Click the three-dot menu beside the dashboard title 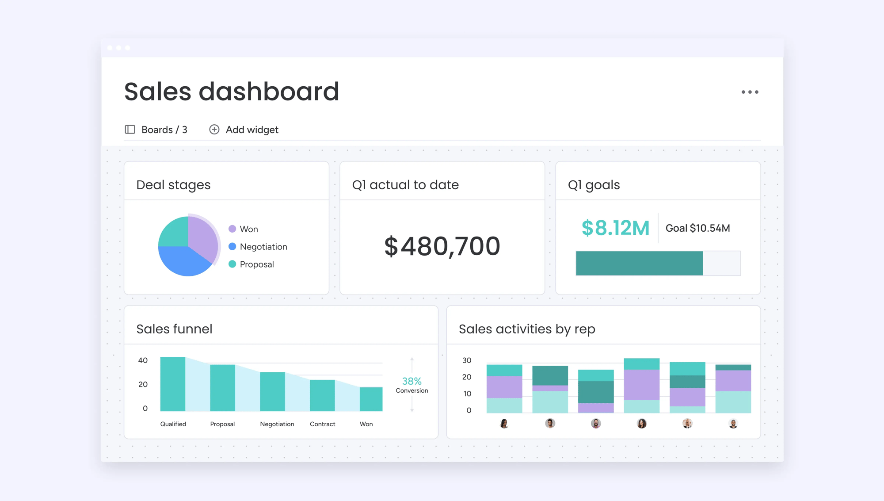pos(750,92)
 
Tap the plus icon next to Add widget pos(214,130)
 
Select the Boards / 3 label pos(164,130)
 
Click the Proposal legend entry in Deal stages pos(256,264)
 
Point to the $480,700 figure pos(442,246)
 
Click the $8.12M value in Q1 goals pos(615,228)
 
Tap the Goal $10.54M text pos(697,228)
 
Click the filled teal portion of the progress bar pos(639,263)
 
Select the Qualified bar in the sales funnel pos(172,384)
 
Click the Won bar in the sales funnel pos(371,399)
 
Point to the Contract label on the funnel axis pos(322,424)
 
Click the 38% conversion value pos(412,381)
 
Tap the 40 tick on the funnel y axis pos(143,360)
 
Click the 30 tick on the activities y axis pos(467,360)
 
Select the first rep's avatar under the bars pos(504,424)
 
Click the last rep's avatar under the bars pos(733,424)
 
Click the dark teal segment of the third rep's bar pos(596,392)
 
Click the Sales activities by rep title pos(527,329)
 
